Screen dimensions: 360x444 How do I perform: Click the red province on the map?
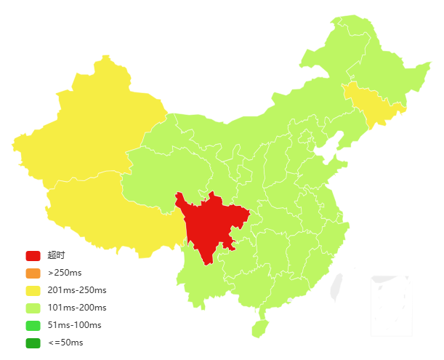point(211,222)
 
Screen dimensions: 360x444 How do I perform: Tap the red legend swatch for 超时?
point(33,255)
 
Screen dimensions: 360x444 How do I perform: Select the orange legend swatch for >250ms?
point(33,273)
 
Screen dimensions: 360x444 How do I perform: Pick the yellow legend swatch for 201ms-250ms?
point(33,290)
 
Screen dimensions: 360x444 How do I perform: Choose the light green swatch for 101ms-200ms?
point(33,308)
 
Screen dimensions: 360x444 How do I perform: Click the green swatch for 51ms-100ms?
point(33,325)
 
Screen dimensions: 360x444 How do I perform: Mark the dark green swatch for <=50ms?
point(33,343)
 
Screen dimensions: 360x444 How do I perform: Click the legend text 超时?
point(56,255)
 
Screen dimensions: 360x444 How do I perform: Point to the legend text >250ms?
point(65,273)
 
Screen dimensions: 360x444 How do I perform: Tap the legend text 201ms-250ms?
point(76,290)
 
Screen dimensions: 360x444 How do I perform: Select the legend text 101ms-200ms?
point(76,308)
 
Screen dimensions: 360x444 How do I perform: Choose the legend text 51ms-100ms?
point(74,325)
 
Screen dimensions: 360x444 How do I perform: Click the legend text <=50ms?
point(65,343)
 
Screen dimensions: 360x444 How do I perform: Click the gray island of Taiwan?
point(336,287)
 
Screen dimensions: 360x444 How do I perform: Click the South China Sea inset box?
point(391,305)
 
